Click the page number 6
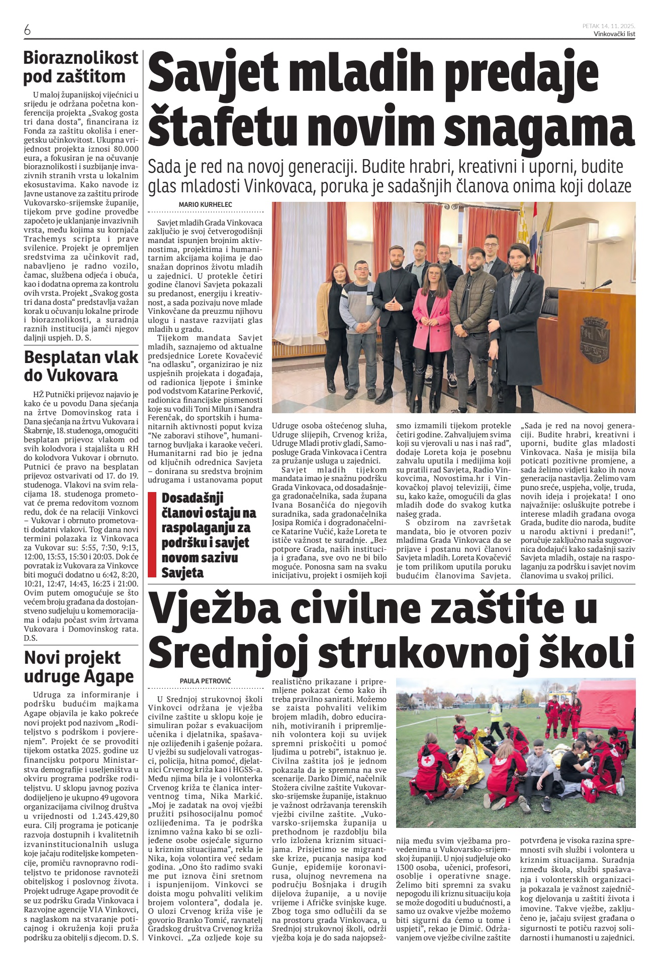(27, 31)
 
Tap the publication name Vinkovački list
(614, 34)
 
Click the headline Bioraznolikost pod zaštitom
(80, 67)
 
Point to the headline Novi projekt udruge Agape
(79, 667)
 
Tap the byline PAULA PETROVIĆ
(205, 681)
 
